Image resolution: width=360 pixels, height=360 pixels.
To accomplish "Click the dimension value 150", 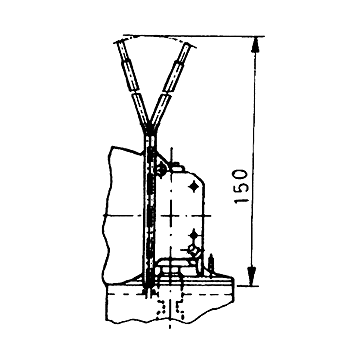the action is (x=241, y=186).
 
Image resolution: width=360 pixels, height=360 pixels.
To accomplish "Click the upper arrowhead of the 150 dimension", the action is (x=255, y=44).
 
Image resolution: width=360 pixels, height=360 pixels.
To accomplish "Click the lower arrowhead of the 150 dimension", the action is (x=253, y=277).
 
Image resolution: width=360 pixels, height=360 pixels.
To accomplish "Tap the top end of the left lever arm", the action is (x=119, y=43).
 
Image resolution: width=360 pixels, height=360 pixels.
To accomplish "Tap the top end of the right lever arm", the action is (x=190, y=45).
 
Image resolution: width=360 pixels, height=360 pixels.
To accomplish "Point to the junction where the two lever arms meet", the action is (x=149, y=130).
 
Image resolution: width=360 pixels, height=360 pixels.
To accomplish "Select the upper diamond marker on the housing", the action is (x=193, y=186).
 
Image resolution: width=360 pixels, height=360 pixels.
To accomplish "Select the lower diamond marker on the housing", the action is (x=193, y=235).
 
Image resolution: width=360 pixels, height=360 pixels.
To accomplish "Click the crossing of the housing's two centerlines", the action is (x=170, y=216).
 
